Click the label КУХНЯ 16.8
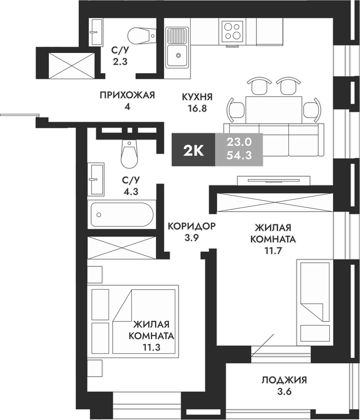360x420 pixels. tap(197, 103)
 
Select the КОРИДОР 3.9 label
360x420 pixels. tap(191, 232)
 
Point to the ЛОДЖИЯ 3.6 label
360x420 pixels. tap(284, 385)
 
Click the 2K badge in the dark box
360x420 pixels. tap(193, 150)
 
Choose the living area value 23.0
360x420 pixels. tap(239, 142)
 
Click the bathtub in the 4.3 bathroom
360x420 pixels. tap(122, 214)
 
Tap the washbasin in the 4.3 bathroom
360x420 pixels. tap(96, 179)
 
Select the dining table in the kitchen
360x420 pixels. tap(274, 109)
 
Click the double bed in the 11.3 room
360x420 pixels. tap(143, 321)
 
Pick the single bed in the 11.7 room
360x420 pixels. tap(315, 302)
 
